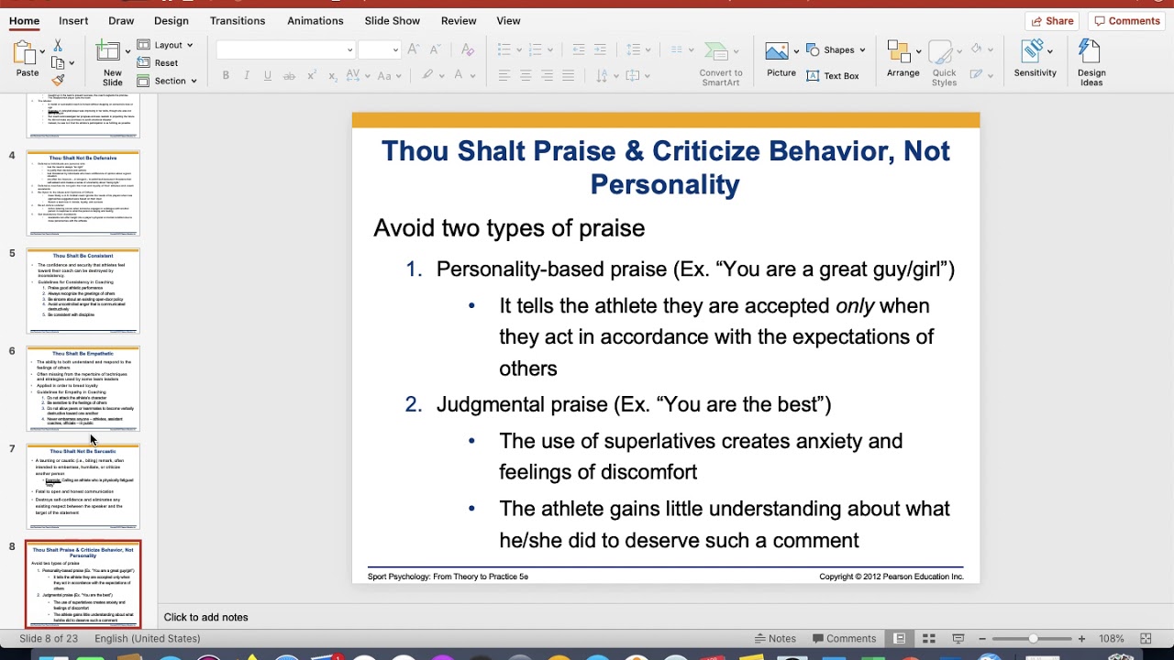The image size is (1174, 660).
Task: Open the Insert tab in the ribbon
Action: tap(73, 20)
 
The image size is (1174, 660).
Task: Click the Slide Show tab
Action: tap(392, 20)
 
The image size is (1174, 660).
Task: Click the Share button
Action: tap(1051, 20)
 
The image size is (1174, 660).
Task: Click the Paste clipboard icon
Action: tap(27, 55)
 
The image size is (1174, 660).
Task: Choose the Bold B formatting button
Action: tap(226, 75)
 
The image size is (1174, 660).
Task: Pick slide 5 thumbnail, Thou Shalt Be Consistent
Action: tap(83, 291)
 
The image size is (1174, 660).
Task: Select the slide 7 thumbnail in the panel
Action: tap(83, 487)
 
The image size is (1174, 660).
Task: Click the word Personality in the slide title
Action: tap(664, 184)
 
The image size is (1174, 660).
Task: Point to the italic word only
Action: tap(855, 305)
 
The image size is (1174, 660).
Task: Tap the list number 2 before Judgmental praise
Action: tap(413, 404)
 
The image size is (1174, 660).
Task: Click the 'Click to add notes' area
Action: tap(205, 617)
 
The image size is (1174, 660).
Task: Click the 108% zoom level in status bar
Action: tap(1111, 638)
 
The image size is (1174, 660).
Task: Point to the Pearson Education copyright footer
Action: tap(891, 577)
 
